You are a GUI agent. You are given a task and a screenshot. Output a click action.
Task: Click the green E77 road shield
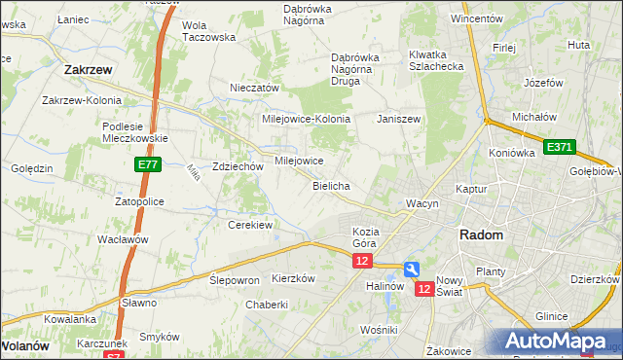pos(147,166)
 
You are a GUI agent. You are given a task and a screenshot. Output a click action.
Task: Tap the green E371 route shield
pos(560,147)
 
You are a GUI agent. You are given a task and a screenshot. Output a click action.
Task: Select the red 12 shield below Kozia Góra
pos(363,261)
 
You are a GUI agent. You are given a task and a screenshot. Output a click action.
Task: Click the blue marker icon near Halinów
pos(412,269)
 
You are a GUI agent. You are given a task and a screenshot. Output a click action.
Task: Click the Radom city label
pos(481,235)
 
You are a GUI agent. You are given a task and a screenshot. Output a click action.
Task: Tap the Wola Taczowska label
pos(209,31)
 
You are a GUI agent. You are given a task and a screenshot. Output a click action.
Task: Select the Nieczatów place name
pos(255,88)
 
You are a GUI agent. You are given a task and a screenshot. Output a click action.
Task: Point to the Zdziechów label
pos(238,166)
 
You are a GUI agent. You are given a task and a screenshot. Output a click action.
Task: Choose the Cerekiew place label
pos(249,225)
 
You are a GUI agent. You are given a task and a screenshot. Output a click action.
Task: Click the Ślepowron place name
pos(235,279)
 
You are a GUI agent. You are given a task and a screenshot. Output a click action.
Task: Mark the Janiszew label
pos(399,119)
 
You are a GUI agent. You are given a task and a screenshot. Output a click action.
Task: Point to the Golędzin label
pos(32,168)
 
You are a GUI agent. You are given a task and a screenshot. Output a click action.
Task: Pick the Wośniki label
pos(379,330)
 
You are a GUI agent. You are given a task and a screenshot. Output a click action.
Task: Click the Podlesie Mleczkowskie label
pos(135,131)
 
